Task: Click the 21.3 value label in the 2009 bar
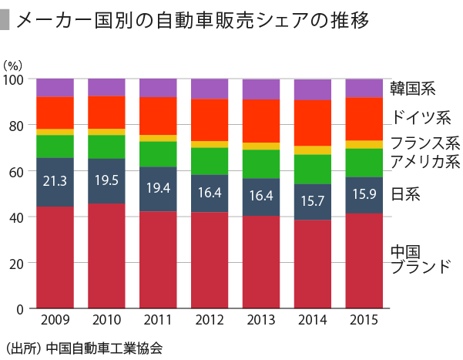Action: [55, 182]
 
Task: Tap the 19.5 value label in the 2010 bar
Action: [106, 182]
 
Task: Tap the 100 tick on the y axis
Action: [15, 79]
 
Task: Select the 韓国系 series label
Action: [414, 89]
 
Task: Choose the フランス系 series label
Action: [424, 143]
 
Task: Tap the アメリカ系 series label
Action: [424, 161]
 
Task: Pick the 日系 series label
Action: [406, 194]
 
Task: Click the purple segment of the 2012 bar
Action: [209, 89]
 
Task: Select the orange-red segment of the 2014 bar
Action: [312, 123]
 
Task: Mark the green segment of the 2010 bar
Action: [106, 146]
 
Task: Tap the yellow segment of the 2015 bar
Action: [364, 144]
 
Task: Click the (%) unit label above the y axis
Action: [14, 63]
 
